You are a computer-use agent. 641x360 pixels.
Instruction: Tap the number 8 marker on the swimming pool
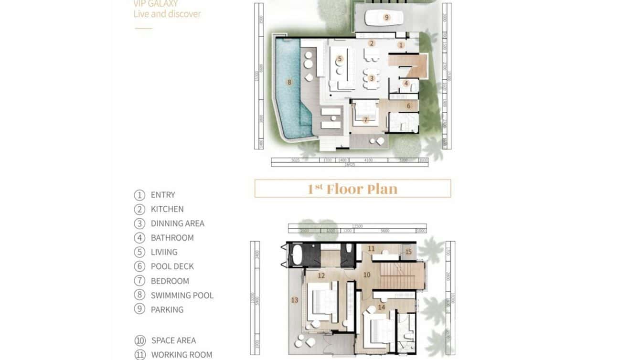tap(289, 82)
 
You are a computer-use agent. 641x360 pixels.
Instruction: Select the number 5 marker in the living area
tap(340, 59)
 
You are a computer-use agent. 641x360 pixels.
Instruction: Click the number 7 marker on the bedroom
tap(366, 120)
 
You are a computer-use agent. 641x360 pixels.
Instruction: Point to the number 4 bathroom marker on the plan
tap(406, 83)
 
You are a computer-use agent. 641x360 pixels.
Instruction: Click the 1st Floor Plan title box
tap(353, 189)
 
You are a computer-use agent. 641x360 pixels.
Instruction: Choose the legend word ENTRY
tap(163, 195)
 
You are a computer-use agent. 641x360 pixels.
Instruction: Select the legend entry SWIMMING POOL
tap(182, 295)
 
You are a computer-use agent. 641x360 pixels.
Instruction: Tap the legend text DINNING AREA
tap(177, 223)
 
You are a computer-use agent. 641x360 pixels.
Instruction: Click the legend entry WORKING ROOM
tap(182, 355)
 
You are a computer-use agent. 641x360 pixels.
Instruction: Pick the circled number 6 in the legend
tap(139, 266)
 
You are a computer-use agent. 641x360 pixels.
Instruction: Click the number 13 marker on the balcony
tap(294, 300)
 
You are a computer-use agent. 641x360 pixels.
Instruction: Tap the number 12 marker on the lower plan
tap(321, 275)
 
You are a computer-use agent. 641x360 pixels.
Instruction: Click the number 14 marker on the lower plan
tap(381, 307)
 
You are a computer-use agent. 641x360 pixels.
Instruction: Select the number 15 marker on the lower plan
tap(408, 252)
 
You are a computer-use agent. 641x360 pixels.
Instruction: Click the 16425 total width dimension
tap(350, 164)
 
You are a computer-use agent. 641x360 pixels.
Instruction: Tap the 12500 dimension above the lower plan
tap(357, 226)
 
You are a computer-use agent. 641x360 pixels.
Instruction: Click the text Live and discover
tap(167, 14)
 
